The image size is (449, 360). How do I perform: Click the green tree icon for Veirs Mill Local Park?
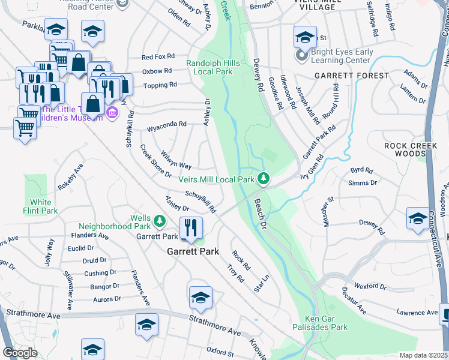[x=263, y=179]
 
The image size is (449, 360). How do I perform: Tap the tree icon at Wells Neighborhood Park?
[x=159, y=222]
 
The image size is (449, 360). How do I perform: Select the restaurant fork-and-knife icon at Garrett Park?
[x=191, y=228]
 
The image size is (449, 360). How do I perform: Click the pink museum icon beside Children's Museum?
[x=112, y=113]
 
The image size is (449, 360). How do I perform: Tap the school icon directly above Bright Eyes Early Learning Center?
[x=305, y=37]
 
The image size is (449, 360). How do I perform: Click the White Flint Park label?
[x=41, y=206]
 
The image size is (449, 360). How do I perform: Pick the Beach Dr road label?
[x=261, y=214]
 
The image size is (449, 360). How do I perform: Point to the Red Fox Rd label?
[x=157, y=58]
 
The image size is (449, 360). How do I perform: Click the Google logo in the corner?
[x=20, y=352]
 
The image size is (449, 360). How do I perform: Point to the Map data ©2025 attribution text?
[x=423, y=355]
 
